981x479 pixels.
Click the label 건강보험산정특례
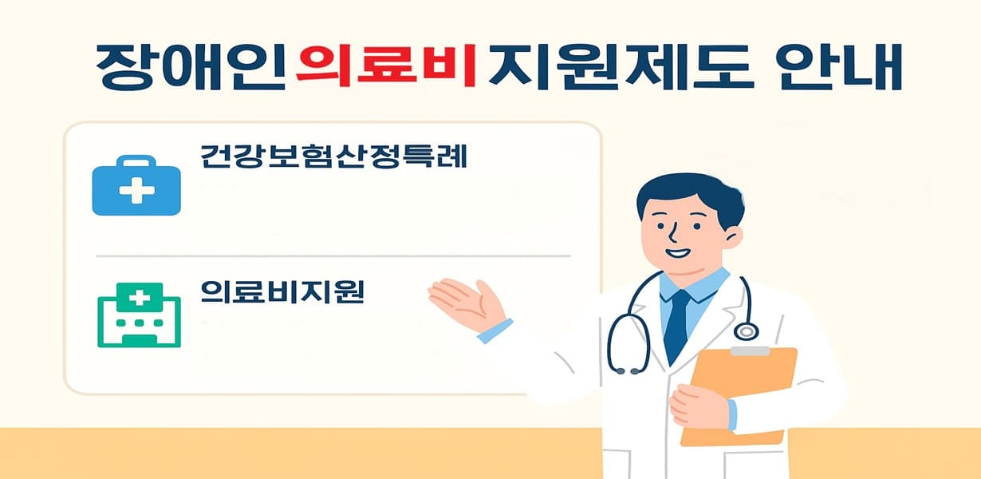pos(333,156)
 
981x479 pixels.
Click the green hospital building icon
pos(139,315)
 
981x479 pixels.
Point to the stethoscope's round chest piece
pos(746,331)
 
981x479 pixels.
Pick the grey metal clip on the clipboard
pos(750,351)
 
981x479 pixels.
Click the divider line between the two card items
pos(333,256)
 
